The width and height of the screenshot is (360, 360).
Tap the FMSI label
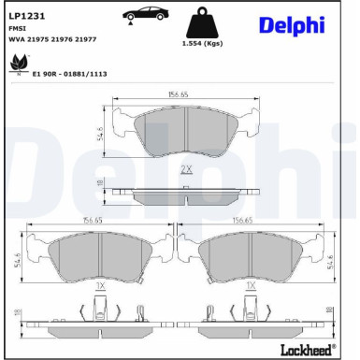[x=18, y=30]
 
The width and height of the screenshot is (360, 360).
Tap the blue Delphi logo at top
[x=292, y=24]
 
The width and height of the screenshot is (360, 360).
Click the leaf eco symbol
[x=16, y=65]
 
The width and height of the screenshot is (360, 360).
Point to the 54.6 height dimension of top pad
[x=100, y=133]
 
